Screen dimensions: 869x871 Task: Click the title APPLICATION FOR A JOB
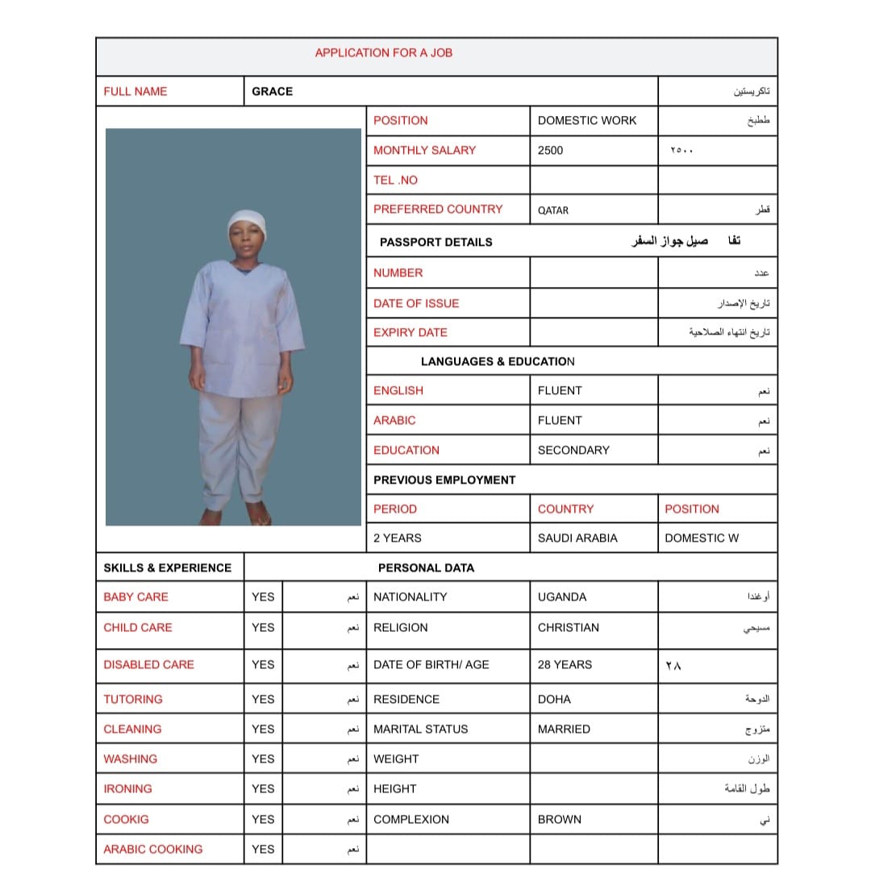[383, 53]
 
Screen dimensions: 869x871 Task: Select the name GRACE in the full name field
[273, 92]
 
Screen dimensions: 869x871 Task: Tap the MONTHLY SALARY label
[424, 150]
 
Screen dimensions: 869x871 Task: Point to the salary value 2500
[551, 150]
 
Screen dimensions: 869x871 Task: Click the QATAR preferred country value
[553, 210]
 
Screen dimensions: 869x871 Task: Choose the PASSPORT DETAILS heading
[435, 242]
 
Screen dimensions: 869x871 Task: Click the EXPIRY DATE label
[410, 332]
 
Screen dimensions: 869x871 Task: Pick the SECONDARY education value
[573, 450]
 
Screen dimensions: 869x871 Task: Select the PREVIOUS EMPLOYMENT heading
[444, 480]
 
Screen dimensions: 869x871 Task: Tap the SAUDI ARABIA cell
[577, 538]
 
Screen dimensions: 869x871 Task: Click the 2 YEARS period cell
[398, 538]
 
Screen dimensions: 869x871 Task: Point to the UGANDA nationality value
[562, 597]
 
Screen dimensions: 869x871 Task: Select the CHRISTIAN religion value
[569, 627]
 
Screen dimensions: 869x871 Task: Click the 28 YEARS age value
[565, 665]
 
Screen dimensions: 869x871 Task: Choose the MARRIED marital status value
[564, 729]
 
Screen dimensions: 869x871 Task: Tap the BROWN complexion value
[560, 819]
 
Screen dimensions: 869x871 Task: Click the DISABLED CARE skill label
[149, 665]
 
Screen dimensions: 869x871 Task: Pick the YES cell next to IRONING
[263, 788]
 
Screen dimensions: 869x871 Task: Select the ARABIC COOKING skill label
[153, 849]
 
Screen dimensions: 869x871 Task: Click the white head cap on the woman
[246, 221]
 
